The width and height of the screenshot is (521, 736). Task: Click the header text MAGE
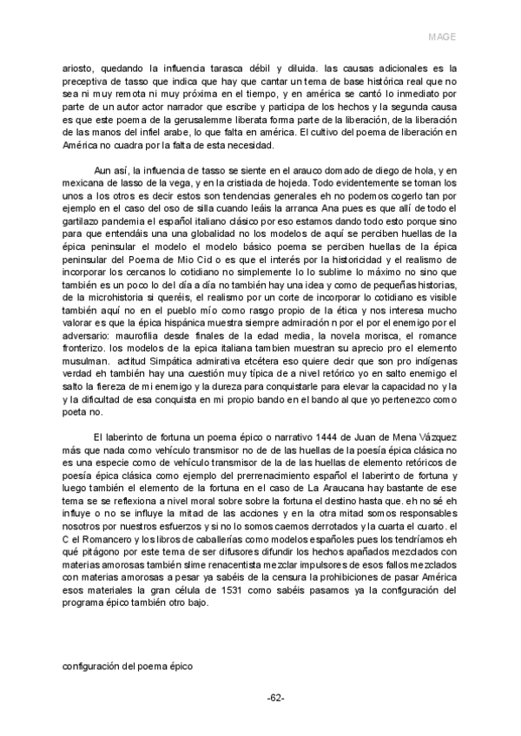coord(443,37)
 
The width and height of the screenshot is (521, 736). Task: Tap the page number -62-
coord(276,699)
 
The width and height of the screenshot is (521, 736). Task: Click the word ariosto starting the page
coord(80,66)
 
